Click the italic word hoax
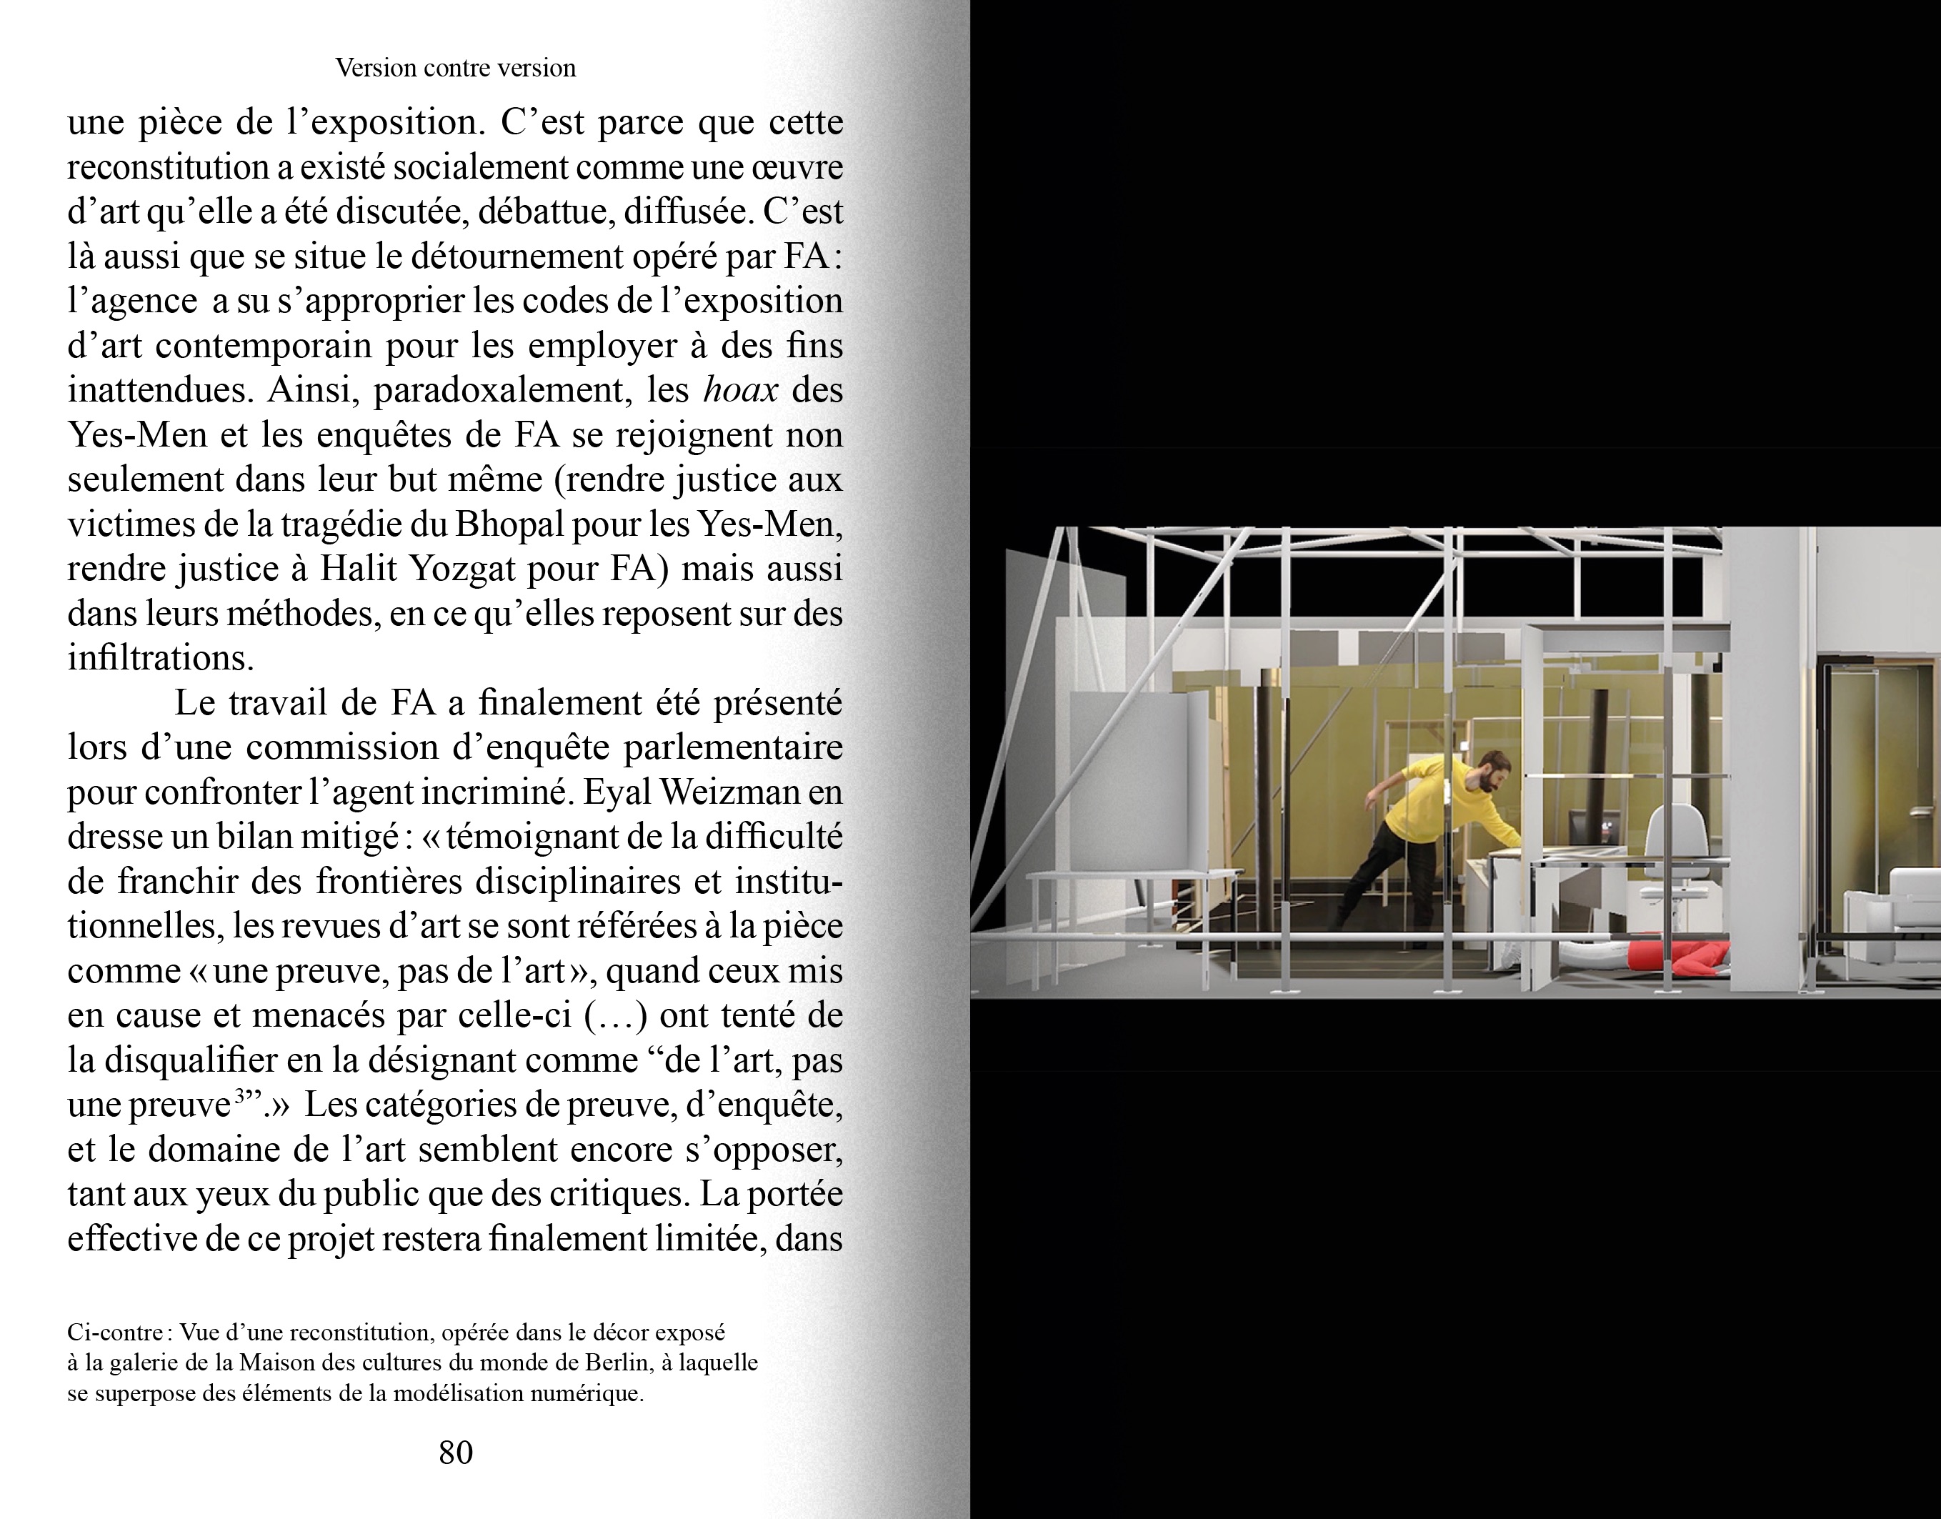point(740,390)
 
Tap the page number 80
point(455,1453)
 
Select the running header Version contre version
point(455,69)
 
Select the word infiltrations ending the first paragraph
point(160,658)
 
